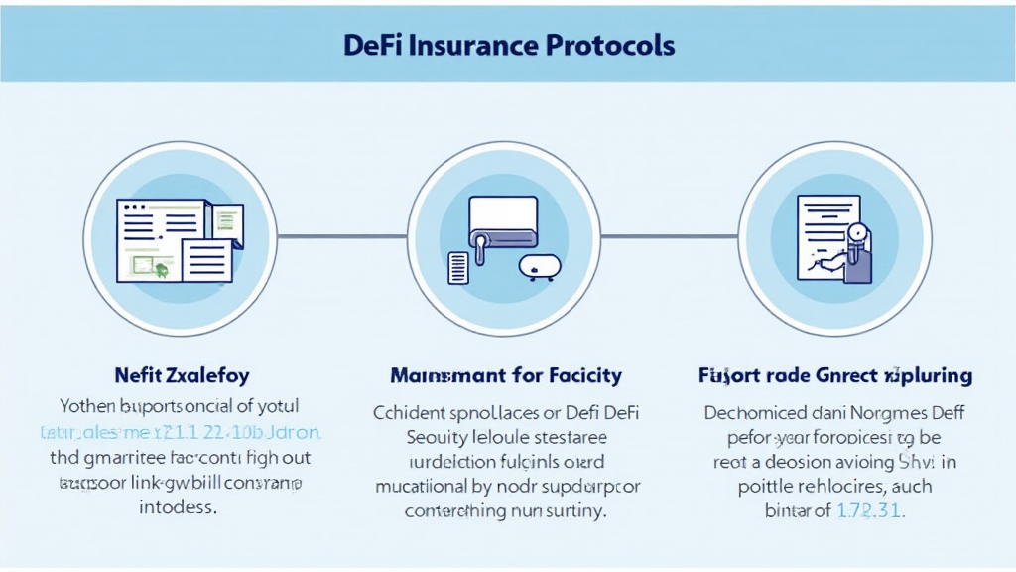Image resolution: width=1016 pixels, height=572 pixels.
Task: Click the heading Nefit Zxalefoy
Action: pos(182,375)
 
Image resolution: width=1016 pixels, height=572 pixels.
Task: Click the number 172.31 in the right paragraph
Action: pos(870,512)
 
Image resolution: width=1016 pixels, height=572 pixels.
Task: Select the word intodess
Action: pos(182,507)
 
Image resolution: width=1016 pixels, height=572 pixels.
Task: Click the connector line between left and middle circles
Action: pos(342,236)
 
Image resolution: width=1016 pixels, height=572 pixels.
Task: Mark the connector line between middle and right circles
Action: pos(671,236)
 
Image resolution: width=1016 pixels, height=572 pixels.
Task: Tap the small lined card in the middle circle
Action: pos(458,268)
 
